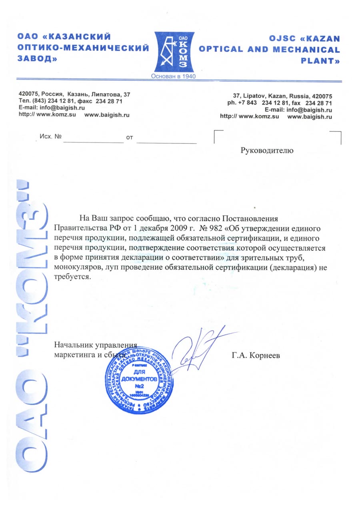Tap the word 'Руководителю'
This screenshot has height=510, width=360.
tap(267, 151)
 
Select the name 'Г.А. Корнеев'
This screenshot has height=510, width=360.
tap(256, 354)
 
